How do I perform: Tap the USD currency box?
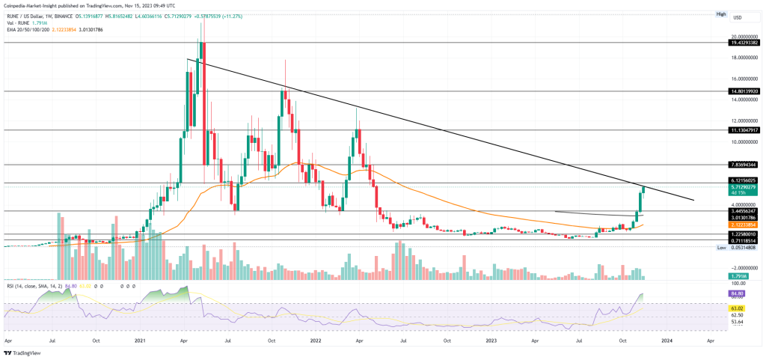coord(737,17)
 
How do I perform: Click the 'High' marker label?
coord(721,13)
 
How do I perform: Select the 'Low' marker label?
coord(721,247)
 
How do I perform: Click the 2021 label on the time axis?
coord(139,339)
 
